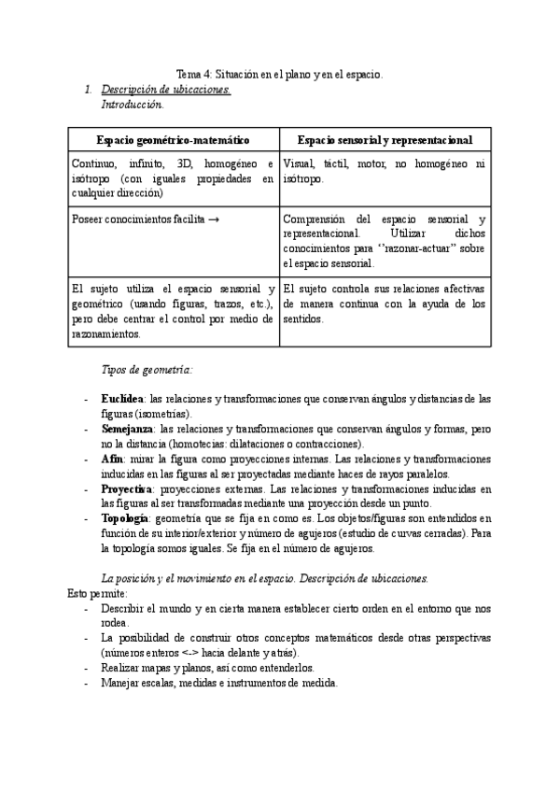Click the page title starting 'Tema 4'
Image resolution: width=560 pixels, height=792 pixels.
[x=280, y=74]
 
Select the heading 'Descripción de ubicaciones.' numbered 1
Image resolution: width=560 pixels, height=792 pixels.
[x=165, y=90]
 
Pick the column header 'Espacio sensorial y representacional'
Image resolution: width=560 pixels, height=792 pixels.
[x=385, y=139]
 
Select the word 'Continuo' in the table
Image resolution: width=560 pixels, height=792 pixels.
[x=93, y=163]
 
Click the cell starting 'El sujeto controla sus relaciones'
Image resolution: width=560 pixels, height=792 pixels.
[x=384, y=304]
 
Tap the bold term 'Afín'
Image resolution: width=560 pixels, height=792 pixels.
[x=110, y=460]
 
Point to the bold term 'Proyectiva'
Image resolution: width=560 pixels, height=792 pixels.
[x=127, y=489]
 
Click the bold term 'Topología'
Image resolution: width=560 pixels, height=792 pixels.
[x=124, y=518]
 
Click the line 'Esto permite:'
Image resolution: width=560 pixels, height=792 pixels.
[x=99, y=593]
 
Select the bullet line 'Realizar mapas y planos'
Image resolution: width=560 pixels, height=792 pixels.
[x=207, y=668]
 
